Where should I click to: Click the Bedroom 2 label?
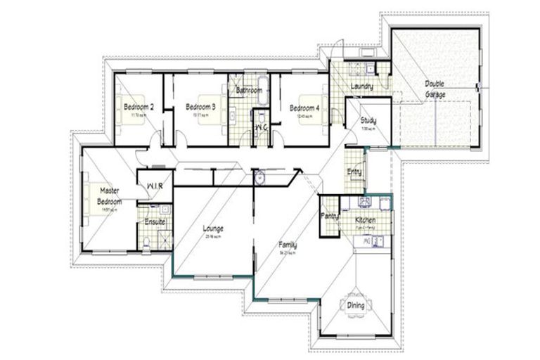click(x=139, y=107)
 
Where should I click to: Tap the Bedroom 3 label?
click(x=200, y=107)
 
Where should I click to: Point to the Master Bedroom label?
click(x=109, y=196)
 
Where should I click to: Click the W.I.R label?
click(x=154, y=186)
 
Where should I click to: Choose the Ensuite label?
click(x=155, y=221)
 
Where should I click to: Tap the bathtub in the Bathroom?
click(x=250, y=90)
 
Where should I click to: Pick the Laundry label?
click(x=361, y=86)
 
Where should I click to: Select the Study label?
click(x=368, y=120)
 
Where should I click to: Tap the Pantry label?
click(x=329, y=216)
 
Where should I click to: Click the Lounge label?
click(x=213, y=229)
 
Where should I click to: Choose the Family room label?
click(x=287, y=245)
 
